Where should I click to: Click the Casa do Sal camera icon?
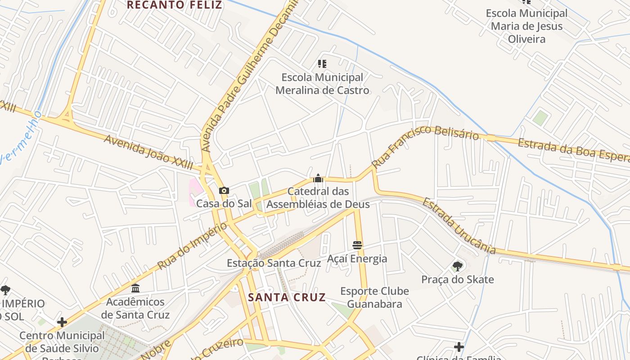pyautogui.click(x=224, y=191)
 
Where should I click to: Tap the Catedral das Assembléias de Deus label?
pyautogui.click(x=318, y=198)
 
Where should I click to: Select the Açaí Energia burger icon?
pyautogui.click(x=357, y=245)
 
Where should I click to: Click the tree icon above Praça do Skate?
pyautogui.click(x=458, y=266)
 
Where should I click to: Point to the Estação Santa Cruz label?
pyautogui.click(x=274, y=263)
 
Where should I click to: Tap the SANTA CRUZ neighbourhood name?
pyautogui.click(x=287, y=297)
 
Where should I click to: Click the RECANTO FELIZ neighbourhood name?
pyautogui.click(x=175, y=5)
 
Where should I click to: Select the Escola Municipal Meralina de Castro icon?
pyautogui.click(x=322, y=64)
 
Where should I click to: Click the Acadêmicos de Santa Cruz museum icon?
pyautogui.click(x=135, y=288)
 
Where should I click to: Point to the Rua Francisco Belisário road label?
pyautogui.click(x=425, y=144)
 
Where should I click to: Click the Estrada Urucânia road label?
pyautogui.click(x=459, y=225)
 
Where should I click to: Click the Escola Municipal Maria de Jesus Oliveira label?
pyautogui.click(x=526, y=26)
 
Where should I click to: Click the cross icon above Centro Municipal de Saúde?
pyautogui.click(x=62, y=322)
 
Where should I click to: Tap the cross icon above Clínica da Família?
pyautogui.click(x=459, y=347)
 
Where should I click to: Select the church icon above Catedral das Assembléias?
pyautogui.click(x=318, y=178)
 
